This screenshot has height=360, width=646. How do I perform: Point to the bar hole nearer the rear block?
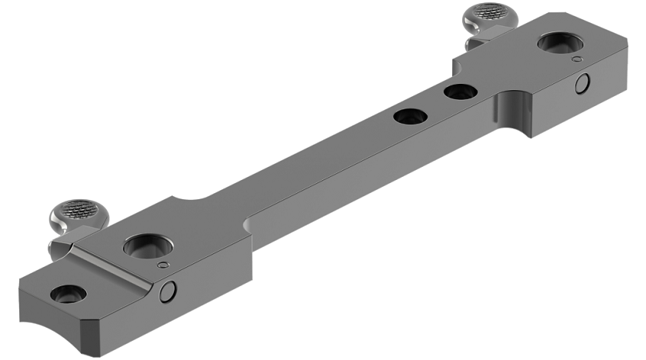[x=460, y=92]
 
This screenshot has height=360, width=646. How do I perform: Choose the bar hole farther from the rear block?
[x=410, y=117]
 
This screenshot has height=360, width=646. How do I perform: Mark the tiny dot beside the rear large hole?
[x=575, y=58]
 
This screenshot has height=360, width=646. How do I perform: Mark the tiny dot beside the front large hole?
[x=161, y=265]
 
